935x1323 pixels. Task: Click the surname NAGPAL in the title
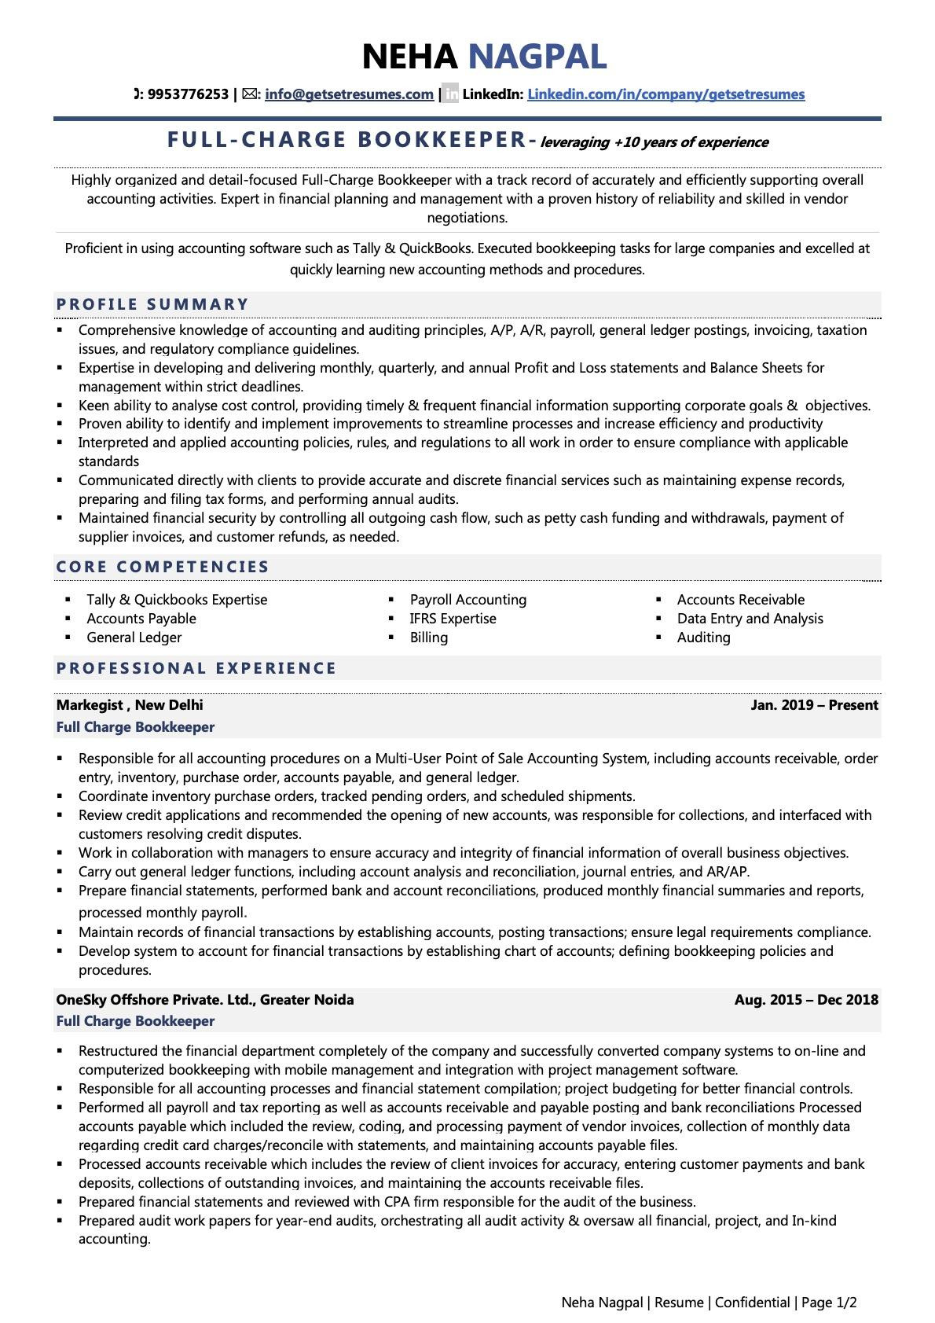tap(537, 57)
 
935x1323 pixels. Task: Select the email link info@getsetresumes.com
tap(349, 94)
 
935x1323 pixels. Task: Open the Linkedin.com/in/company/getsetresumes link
tap(665, 94)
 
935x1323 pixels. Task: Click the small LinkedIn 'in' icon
tap(450, 94)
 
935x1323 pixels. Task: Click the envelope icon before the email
tap(249, 94)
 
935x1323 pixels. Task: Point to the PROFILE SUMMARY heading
tap(152, 304)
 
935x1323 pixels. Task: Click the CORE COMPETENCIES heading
tap(163, 567)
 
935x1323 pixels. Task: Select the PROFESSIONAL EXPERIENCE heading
tap(196, 668)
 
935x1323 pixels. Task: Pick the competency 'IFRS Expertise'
tap(453, 619)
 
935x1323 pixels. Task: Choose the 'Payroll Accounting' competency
tap(467, 600)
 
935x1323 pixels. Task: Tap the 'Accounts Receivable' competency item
tap(740, 600)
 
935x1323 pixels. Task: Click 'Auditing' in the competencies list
tap(703, 638)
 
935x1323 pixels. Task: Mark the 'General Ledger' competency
tap(134, 638)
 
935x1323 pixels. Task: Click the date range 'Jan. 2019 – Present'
tap(814, 705)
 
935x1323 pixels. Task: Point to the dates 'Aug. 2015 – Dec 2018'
tap(806, 1000)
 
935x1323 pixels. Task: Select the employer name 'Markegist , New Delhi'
tap(130, 705)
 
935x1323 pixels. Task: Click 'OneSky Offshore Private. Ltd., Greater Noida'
tap(205, 1000)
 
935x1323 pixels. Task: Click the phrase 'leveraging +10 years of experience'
tap(654, 142)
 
